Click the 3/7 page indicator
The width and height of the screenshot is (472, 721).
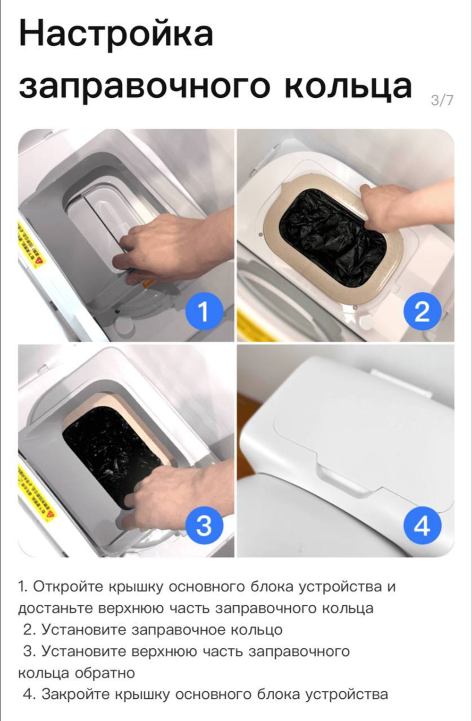(x=442, y=100)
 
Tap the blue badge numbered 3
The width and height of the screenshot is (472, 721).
(x=203, y=525)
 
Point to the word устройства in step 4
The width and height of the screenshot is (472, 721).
(x=346, y=694)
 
